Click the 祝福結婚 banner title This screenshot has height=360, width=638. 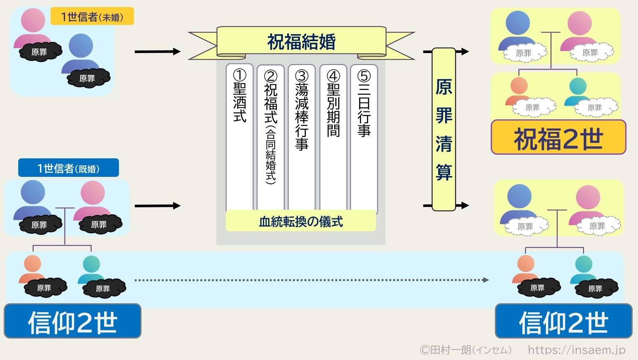pos(301,42)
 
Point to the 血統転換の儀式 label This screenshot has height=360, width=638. pos(301,221)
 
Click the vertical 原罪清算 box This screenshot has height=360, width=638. pos(444,129)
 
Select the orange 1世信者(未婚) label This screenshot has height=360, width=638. pos(92,16)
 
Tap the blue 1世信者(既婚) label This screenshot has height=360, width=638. pos(68,168)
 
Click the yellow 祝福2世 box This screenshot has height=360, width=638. pos(558,138)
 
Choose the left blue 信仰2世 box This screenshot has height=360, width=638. pos(72,321)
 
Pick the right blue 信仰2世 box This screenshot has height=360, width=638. pos(563,321)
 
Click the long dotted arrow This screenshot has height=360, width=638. pos(311,280)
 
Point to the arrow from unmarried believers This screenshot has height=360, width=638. pos(157,51)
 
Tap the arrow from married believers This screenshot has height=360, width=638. pos(157,206)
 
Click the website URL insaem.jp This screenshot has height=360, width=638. pos(576,350)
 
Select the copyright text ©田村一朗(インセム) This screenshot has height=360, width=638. pos(465,350)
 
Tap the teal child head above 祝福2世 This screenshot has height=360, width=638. pos(578,86)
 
